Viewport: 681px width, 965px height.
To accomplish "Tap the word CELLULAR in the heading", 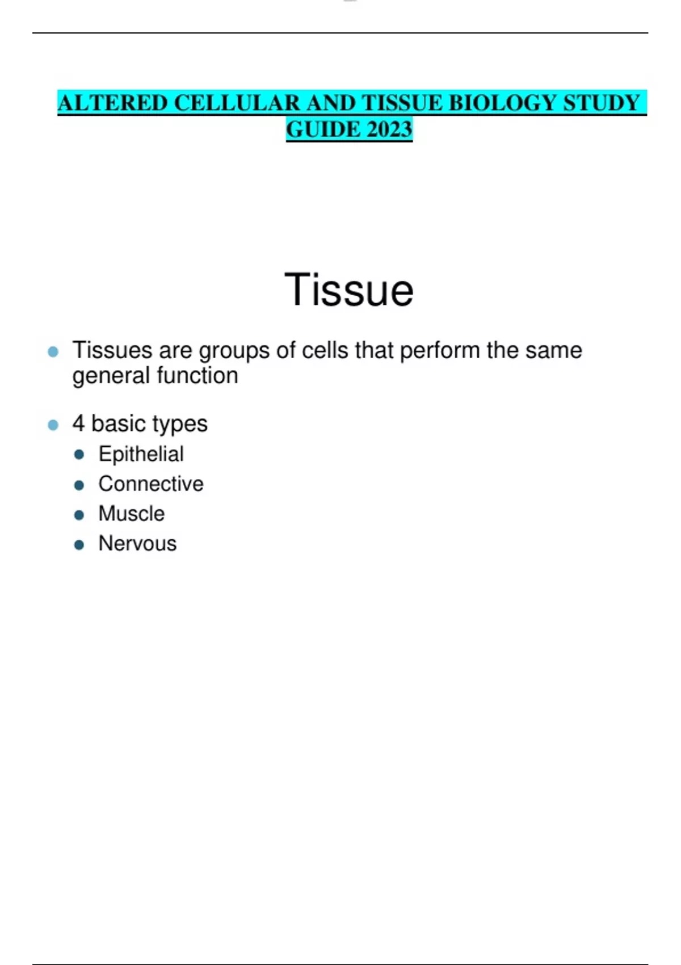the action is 237,103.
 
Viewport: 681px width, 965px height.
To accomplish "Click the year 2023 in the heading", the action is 390,129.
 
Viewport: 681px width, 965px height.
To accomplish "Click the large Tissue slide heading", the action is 349,290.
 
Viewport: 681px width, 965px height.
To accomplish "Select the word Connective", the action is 151,484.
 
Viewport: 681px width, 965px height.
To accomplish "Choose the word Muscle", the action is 131,514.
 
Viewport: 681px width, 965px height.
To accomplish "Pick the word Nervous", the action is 137,543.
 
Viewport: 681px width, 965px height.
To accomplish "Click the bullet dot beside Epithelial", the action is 79,455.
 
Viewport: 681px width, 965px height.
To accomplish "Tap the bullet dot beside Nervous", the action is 79,545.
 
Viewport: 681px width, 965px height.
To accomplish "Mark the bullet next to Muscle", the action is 79,515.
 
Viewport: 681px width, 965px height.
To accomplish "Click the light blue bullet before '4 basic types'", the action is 53,425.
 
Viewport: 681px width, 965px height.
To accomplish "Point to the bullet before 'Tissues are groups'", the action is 53,352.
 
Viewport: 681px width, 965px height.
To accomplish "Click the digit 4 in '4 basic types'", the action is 78,423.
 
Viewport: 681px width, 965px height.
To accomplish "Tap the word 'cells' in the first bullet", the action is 325,350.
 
